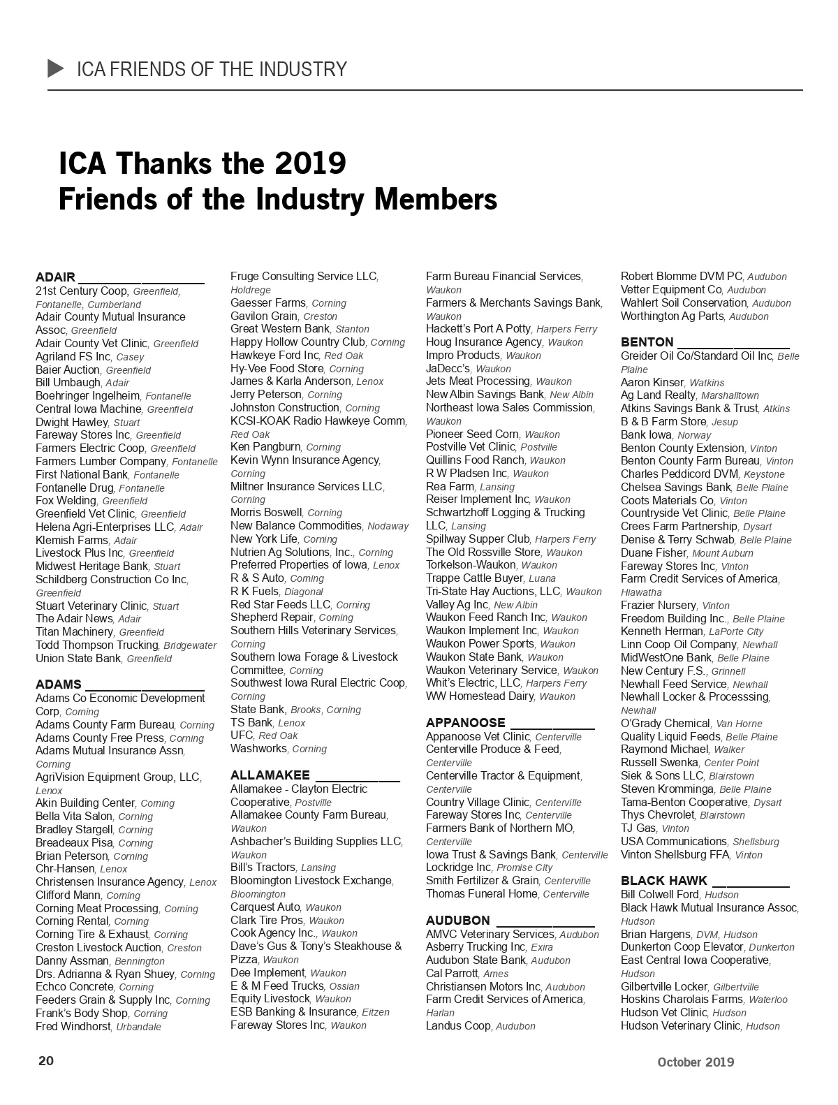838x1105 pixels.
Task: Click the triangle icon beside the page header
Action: coord(56,68)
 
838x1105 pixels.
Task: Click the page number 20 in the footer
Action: coord(45,1061)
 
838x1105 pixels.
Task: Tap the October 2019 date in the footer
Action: coord(695,1062)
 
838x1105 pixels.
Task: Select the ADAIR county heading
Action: coord(56,277)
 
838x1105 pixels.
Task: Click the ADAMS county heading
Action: coord(59,685)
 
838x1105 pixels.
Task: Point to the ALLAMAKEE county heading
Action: coord(270,775)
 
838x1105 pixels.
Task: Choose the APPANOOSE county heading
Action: coord(465,723)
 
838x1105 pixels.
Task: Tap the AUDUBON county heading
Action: coord(458,921)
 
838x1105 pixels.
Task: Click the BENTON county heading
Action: coord(647,342)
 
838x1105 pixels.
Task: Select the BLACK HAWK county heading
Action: coord(664,881)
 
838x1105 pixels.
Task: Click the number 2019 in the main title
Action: coord(310,163)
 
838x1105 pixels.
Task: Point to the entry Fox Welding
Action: coord(66,501)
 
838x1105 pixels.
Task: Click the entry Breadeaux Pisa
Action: coord(74,843)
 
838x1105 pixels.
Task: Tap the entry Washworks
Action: coord(259,749)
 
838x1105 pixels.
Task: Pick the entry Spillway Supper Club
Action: coord(478,539)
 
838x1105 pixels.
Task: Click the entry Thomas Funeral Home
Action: coord(482,894)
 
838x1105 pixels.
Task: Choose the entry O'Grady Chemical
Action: coord(666,724)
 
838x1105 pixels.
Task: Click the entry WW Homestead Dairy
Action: coord(480,696)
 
